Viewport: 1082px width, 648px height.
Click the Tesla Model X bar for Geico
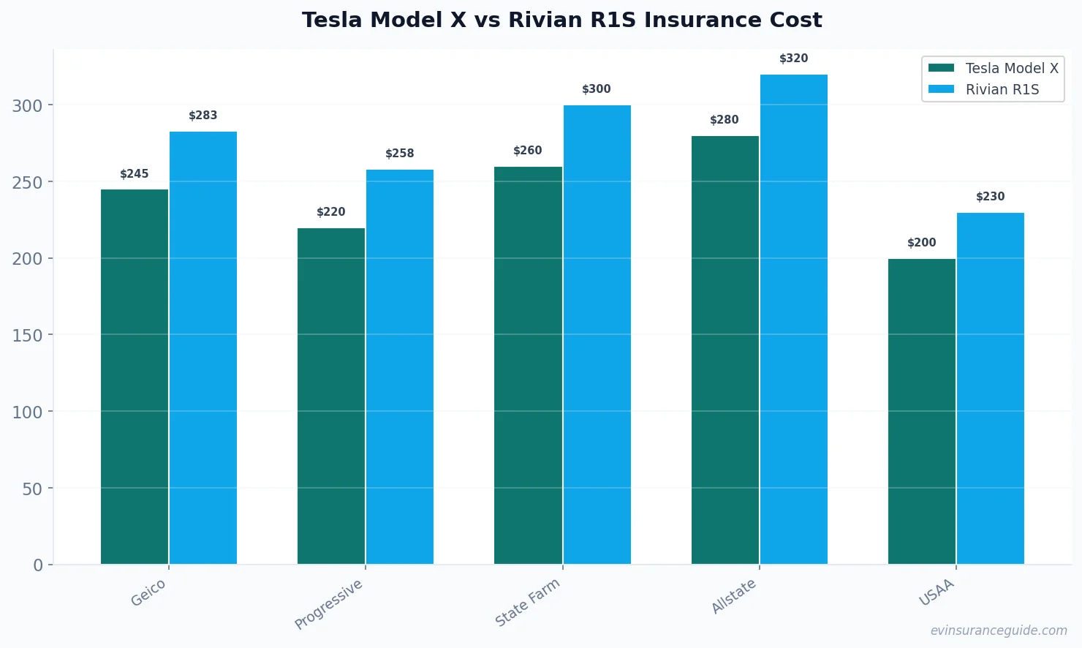(135, 377)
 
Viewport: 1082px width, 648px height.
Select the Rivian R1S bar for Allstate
(794, 319)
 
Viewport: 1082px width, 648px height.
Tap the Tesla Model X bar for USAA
(922, 411)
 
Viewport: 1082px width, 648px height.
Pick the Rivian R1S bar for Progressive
(400, 366)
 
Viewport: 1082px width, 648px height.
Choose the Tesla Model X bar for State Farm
(528, 365)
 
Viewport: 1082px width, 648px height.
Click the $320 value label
(794, 59)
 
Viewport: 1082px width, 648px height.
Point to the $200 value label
(922, 243)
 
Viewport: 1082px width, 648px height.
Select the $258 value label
(400, 154)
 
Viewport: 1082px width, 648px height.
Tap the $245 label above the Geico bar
(135, 174)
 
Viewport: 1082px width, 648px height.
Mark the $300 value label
(597, 89)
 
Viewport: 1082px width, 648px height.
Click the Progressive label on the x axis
(329, 604)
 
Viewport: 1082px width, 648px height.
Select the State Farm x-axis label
(528, 602)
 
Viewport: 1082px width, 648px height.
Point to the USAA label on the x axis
(937, 592)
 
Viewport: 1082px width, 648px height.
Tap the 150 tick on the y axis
(27, 335)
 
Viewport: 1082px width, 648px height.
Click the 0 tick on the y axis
(38, 565)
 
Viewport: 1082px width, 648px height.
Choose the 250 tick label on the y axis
(27, 182)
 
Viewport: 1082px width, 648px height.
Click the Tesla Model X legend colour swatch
(941, 68)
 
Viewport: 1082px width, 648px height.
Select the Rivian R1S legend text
(1002, 89)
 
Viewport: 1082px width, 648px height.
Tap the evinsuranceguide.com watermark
(999, 630)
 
